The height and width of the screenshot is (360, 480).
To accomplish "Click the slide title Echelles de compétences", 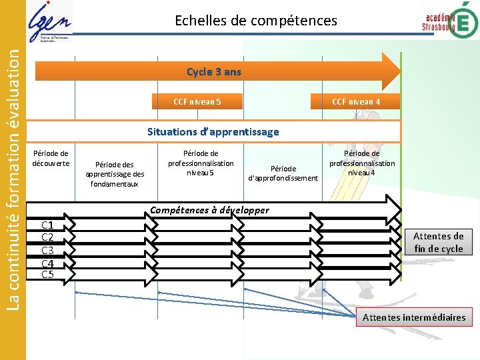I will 256,21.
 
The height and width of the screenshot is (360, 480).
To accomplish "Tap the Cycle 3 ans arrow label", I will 214,71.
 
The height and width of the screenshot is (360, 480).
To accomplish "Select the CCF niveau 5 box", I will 197,102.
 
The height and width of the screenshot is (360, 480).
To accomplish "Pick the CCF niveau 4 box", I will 356,102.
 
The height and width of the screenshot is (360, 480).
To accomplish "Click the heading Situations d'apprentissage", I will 213,131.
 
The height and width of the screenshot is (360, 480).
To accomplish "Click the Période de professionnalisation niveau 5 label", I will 201,163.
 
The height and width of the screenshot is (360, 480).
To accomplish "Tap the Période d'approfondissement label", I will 283,173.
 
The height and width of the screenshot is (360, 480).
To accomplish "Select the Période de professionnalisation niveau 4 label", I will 362,163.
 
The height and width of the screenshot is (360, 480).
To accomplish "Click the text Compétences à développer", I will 209,210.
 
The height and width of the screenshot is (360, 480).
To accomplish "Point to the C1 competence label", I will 47,225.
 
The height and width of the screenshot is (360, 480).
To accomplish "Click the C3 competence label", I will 47,250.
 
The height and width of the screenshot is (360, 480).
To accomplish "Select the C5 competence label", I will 47,274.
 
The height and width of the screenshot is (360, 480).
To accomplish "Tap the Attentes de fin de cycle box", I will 438,242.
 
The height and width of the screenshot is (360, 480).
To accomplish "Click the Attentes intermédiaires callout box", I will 414,317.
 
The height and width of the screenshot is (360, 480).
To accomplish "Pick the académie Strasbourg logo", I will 449,21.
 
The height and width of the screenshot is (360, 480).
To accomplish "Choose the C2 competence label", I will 47,237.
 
